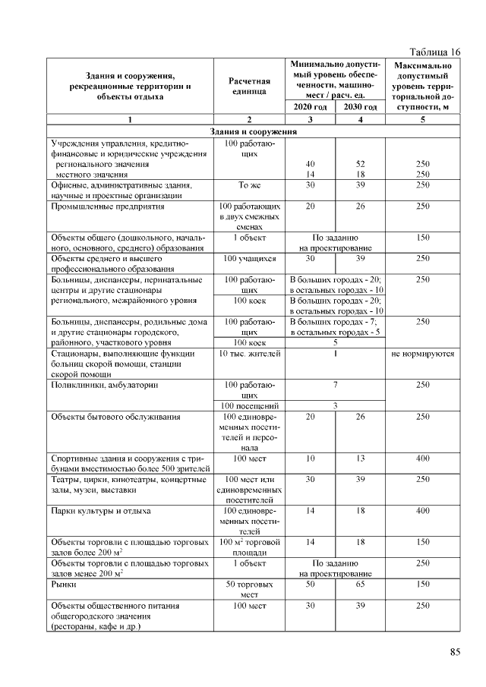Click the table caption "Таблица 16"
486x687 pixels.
click(434, 52)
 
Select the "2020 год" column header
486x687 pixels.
click(309, 107)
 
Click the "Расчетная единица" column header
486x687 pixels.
click(249, 86)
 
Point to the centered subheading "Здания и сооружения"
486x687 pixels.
click(254, 132)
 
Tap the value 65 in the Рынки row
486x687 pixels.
click(360, 585)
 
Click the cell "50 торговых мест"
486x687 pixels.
click(249, 591)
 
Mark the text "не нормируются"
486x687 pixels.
click(423, 354)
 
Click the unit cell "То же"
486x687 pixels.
click(249, 184)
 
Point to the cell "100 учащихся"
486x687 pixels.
click(249, 259)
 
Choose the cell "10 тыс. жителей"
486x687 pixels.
click(249, 354)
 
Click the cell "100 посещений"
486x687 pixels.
click(249, 406)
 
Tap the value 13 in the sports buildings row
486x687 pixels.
click(360, 459)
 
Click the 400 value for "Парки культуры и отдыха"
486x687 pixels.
click(423, 511)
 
